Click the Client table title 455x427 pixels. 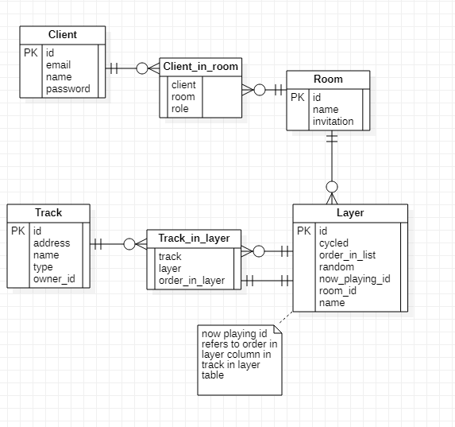pyautogui.click(x=62, y=35)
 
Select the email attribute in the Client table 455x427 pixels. pyautogui.click(x=59, y=65)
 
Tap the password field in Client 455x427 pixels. pyautogui.click(x=67, y=89)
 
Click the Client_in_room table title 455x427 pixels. pyautogui.click(x=200, y=67)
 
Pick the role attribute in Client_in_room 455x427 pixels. pyautogui.click(x=180, y=109)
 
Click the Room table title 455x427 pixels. pyautogui.click(x=328, y=80)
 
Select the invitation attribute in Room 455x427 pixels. pyautogui.click(x=333, y=122)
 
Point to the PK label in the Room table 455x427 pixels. pyautogui.click(x=298, y=98)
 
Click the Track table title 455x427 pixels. pyautogui.click(x=48, y=213)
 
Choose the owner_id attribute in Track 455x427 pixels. pyautogui.click(x=54, y=279)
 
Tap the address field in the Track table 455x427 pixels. pyautogui.click(x=52, y=243)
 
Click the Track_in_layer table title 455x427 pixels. pyautogui.click(x=194, y=238)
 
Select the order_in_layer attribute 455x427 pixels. pyautogui.click(x=191, y=280)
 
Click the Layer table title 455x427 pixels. pyautogui.click(x=349, y=213)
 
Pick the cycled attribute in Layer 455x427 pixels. pyautogui.click(x=334, y=243)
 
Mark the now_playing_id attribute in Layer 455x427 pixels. pyautogui.click(x=354, y=279)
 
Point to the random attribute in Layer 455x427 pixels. pyautogui.click(x=337, y=267)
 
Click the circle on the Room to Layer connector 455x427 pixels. pyautogui.click(x=332, y=187)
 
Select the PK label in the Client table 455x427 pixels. pyautogui.click(x=30, y=53)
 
